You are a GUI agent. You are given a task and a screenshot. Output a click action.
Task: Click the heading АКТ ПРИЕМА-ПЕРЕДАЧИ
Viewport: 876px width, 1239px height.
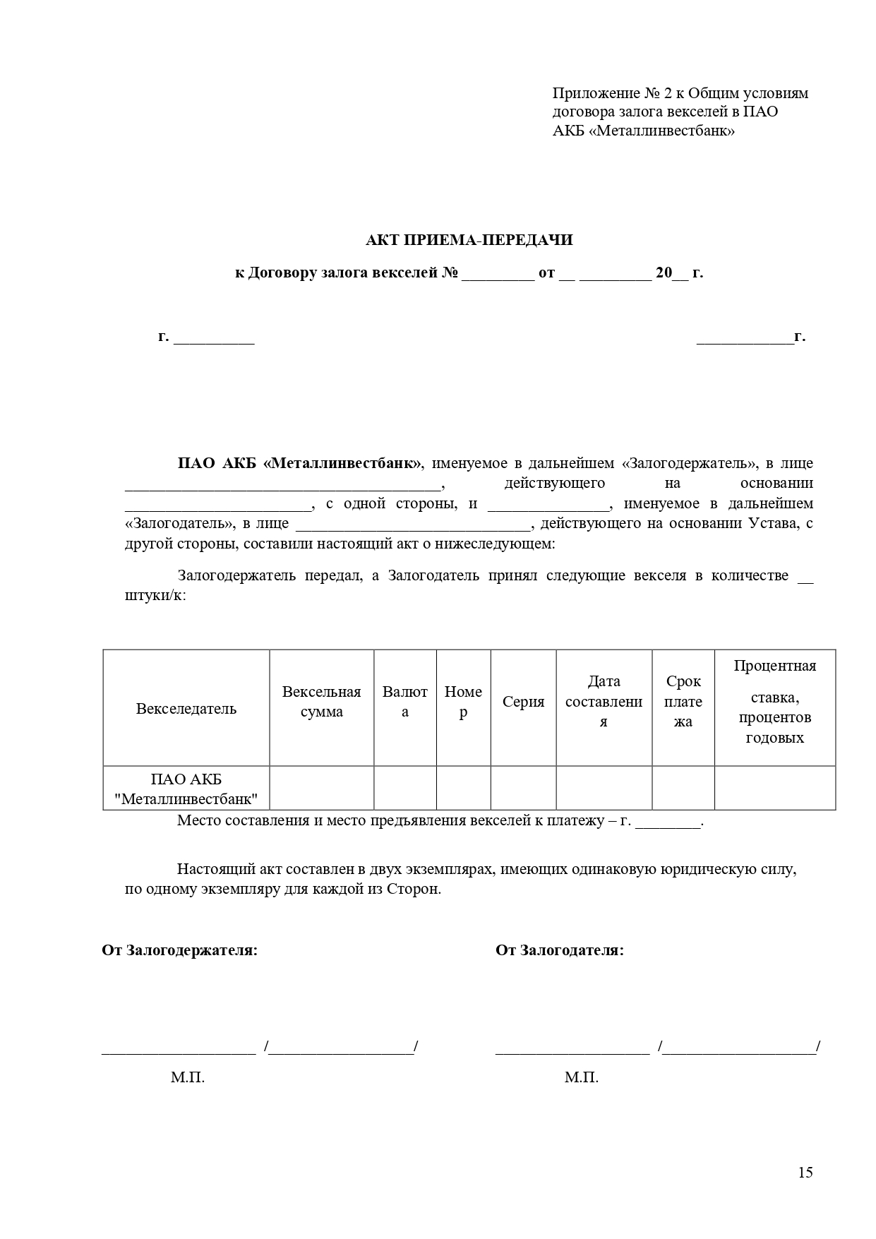click(469, 240)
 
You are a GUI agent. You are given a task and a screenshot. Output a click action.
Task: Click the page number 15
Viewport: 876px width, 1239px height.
click(805, 1173)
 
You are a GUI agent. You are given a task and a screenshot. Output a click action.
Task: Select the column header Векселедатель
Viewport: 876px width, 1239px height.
click(186, 709)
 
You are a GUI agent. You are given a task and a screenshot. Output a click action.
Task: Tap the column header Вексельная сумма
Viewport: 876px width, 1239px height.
click(321, 702)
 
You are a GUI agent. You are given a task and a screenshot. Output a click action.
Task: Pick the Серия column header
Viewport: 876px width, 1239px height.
click(523, 702)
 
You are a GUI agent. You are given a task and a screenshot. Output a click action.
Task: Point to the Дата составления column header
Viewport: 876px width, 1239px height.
click(604, 702)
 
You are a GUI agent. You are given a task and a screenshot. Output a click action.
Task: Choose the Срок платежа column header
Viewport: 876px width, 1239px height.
click(683, 702)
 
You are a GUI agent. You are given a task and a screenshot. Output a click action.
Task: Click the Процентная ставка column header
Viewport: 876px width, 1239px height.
click(774, 702)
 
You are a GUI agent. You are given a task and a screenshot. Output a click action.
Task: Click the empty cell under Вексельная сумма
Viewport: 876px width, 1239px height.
click(321, 788)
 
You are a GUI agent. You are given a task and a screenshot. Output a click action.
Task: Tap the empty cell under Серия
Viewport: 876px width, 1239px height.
click(523, 788)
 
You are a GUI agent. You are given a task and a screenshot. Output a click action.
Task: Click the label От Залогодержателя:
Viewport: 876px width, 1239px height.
click(180, 950)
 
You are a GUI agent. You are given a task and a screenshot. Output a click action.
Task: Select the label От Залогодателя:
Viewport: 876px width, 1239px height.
click(560, 950)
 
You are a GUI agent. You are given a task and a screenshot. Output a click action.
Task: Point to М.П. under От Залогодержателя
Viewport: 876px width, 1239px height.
click(188, 1078)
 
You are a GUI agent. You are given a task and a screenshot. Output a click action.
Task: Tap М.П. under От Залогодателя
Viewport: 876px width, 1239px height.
click(582, 1078)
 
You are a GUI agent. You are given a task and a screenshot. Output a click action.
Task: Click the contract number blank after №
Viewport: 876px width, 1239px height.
click(498, 274)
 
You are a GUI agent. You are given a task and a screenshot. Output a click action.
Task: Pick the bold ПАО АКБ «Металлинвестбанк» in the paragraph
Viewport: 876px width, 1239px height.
click(299, 464)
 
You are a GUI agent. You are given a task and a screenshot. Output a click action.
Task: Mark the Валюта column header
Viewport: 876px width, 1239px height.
click(404, 702)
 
